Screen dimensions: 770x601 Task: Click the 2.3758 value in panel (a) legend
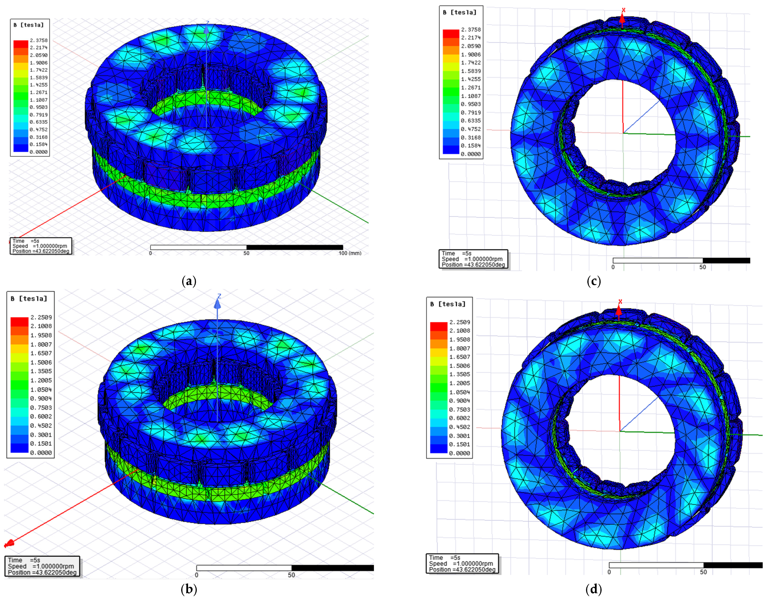coord(39,40)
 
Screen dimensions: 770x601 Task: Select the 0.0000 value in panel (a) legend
coord(39,152)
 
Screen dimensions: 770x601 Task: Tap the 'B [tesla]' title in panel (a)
coord(29,25)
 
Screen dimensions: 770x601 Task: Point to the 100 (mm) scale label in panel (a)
coord(350,253)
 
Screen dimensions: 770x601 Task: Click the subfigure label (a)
coord(189,281)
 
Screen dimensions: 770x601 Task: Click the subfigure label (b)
coord(189,589)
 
